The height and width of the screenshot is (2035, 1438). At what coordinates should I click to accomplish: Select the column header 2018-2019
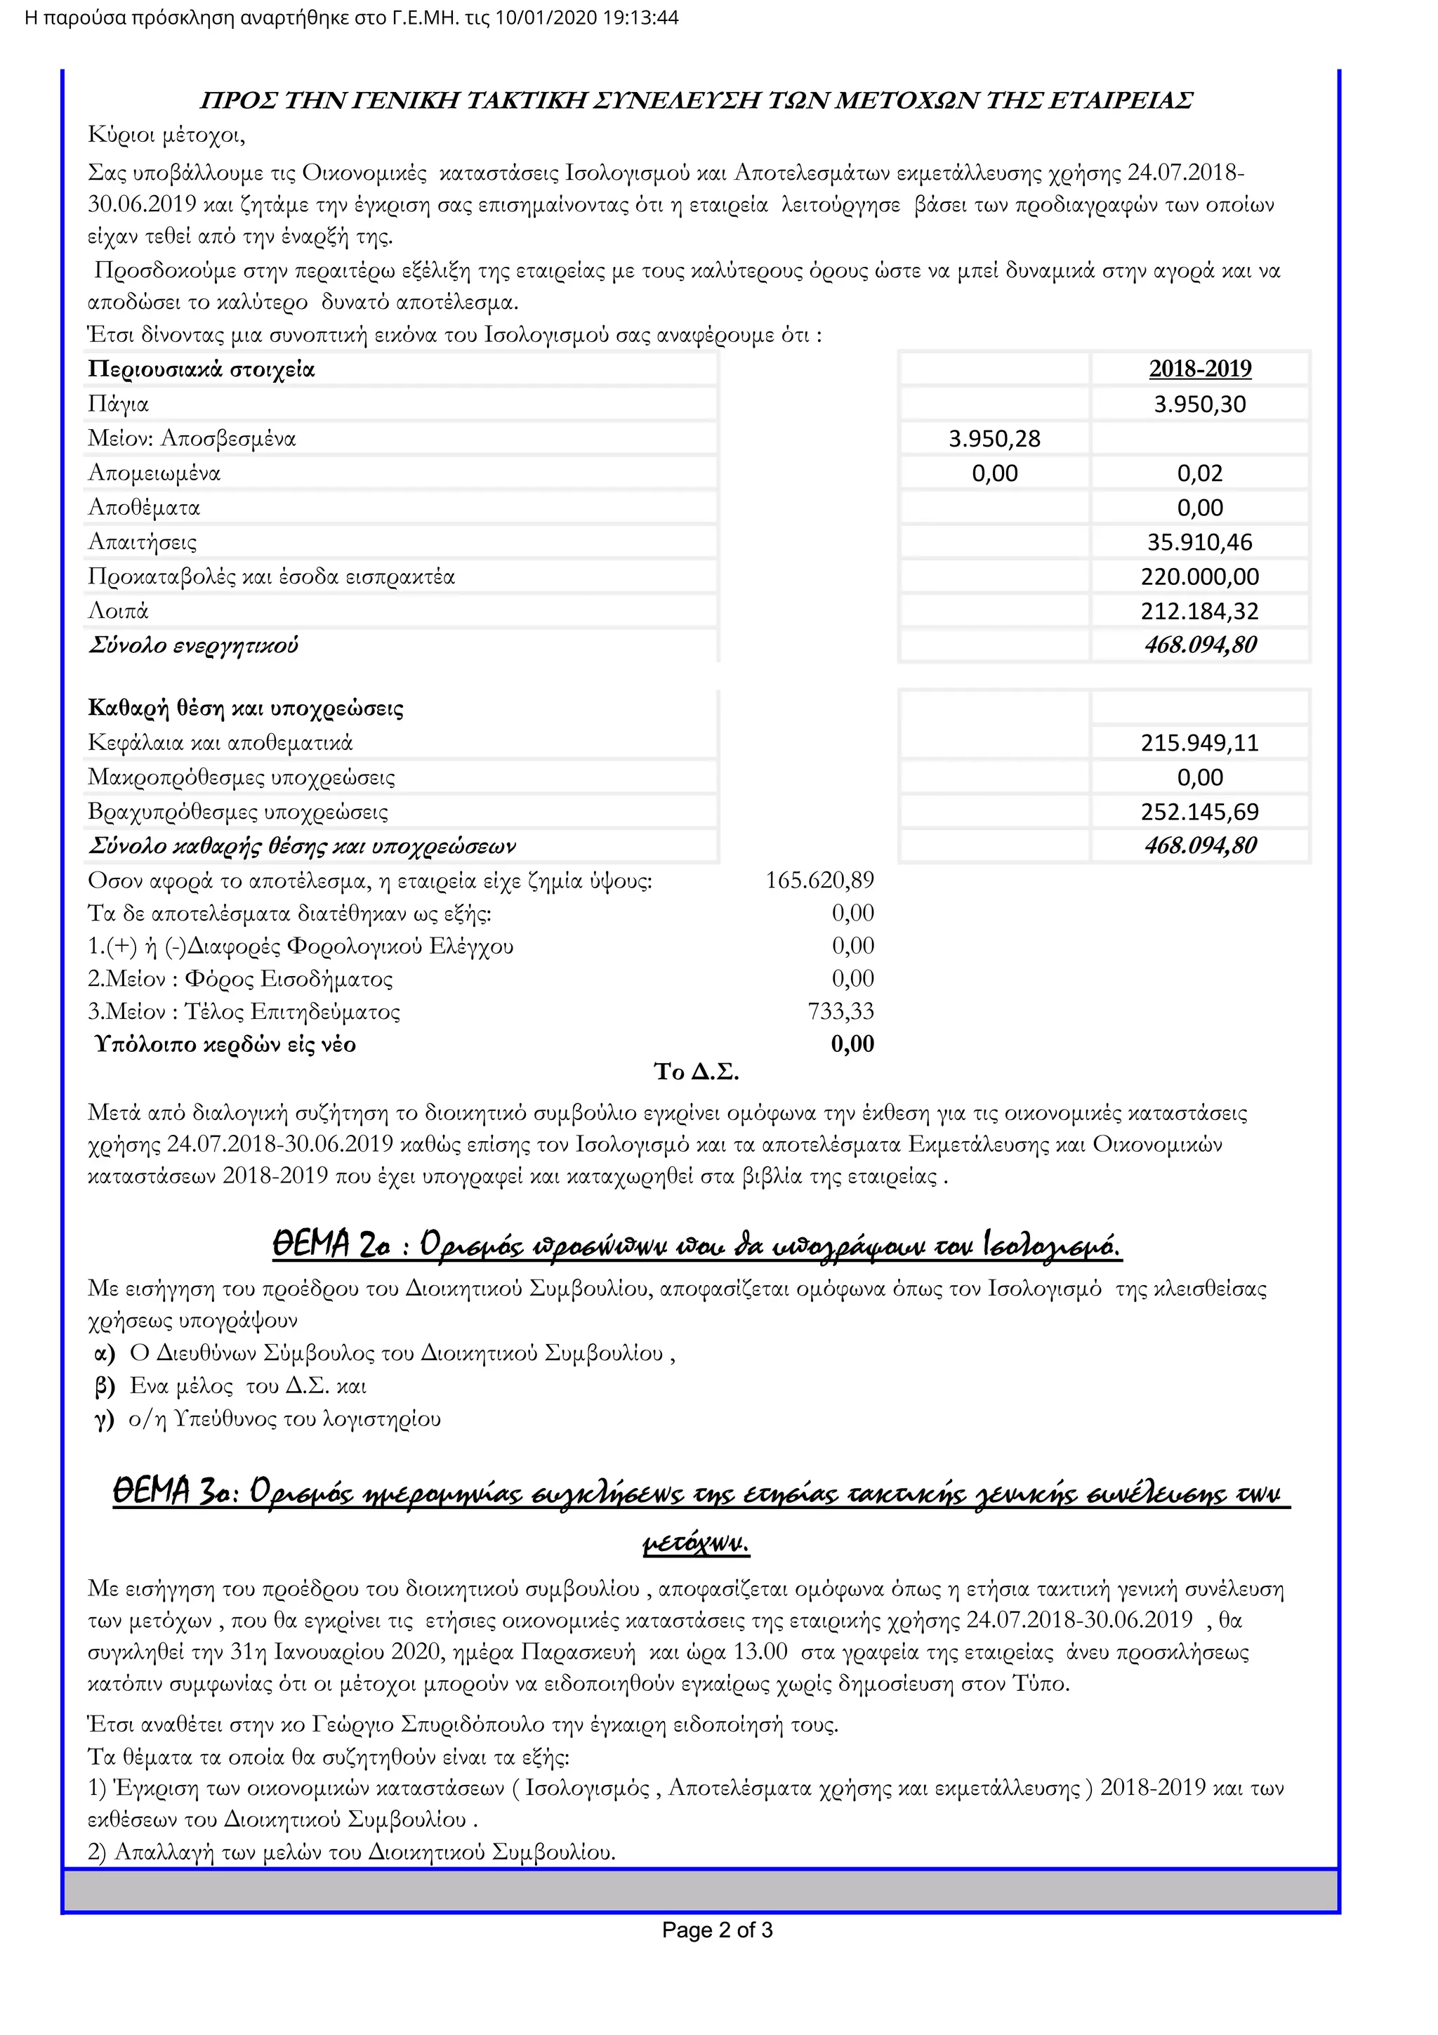(x=1200, y=369)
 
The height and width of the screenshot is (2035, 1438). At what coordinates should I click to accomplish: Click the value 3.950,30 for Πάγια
(x=1200, y=404)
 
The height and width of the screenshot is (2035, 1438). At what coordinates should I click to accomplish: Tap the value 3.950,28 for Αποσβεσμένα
(x=994, y=439)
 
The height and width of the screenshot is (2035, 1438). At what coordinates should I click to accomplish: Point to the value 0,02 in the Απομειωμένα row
(x=1200, y=473)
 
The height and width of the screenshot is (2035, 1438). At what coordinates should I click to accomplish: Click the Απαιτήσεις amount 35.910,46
(x=1200, y=542)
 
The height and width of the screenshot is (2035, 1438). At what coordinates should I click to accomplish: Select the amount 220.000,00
(x=1200, y=577)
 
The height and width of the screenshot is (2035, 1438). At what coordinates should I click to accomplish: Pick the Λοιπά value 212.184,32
(x=1200, y=612)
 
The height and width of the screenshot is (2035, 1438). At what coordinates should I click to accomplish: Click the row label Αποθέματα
(x=143, y=508)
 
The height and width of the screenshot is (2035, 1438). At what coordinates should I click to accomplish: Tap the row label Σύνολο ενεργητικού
(x=193, y=645)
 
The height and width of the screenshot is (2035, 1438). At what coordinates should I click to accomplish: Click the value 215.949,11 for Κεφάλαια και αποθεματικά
(x=1200, y=743)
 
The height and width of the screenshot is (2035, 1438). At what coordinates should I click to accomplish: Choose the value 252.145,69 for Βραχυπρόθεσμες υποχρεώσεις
(x=1200, y=812)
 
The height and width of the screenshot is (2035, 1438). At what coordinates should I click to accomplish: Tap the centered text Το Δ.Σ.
(x=697, y=1072)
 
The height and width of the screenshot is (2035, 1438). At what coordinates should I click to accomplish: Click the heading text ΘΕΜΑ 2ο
(x=331, y=1246)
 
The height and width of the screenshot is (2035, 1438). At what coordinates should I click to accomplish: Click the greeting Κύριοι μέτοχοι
(x=166, y=136)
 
